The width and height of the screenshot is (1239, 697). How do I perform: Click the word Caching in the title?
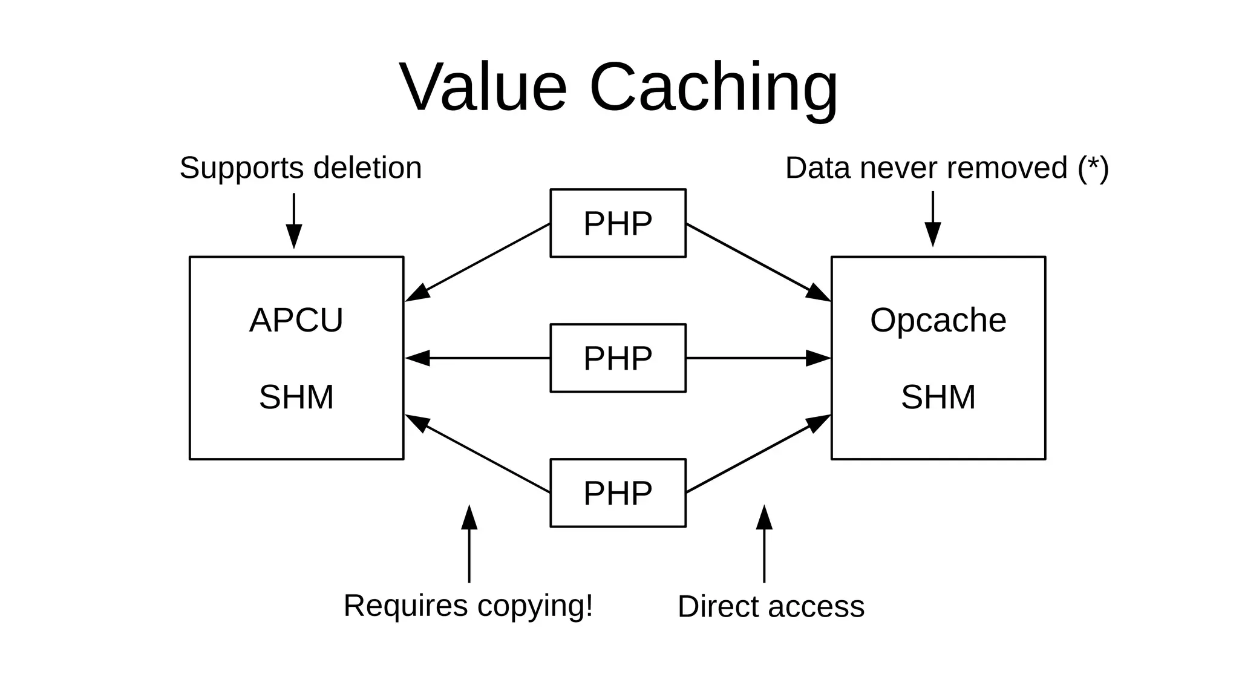(x=713, y=88)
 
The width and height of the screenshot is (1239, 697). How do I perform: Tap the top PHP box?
(x=618, y=223)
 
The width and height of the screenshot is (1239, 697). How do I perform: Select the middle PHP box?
(x=618, y=358)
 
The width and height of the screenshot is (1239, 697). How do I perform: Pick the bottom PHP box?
(x=618, y=493)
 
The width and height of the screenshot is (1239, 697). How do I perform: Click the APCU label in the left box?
(x=296, y=320)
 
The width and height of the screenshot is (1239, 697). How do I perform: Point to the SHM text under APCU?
(x=296, y=398)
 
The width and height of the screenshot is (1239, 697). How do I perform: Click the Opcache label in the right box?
(x=938, y=320)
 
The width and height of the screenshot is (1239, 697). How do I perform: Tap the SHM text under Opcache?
(x=938, y=398)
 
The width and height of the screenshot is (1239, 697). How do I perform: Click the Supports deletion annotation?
(x=301, y=168)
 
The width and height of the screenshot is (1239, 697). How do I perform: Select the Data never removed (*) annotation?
(x=947, y=168)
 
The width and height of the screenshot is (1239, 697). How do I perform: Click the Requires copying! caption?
(x=468, y=606)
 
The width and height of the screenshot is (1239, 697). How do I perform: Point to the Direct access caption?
(x=771, y=606)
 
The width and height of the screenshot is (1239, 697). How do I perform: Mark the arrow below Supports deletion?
(x=294, y=221)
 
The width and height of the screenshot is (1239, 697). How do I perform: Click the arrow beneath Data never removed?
(x=933, y=219)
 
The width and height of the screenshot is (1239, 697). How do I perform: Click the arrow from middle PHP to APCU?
(x=478, y=358)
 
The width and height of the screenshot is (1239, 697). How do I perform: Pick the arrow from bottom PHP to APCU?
(x=478, y=454)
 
